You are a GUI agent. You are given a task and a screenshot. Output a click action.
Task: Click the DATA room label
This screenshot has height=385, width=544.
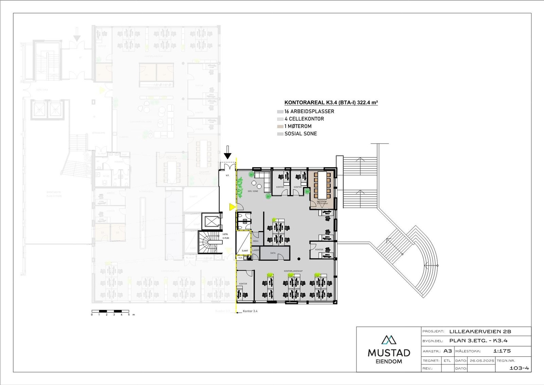tap(273, 253)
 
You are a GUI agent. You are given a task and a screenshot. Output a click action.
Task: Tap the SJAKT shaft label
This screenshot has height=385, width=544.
tap(245, 251)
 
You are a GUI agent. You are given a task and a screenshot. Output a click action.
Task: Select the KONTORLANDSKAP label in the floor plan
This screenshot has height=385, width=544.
tap(293, 271)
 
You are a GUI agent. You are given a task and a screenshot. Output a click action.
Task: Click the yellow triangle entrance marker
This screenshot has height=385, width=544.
tap(233, 207)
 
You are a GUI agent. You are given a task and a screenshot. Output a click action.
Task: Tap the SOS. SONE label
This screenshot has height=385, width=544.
tap(253, 191)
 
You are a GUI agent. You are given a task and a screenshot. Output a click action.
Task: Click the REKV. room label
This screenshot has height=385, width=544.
tap(256, 241)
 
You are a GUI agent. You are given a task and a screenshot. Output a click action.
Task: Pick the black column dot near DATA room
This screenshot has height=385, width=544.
tap(299, 258)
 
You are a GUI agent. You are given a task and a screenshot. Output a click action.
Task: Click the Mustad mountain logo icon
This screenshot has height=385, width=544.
tap(389, 340)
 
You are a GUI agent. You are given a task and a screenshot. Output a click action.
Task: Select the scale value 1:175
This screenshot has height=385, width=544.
tap(502, 351)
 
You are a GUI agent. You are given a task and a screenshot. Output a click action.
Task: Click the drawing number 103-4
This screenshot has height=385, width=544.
tap(520, 368)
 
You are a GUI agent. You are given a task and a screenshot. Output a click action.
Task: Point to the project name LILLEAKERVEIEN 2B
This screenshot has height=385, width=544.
tap(480, 332)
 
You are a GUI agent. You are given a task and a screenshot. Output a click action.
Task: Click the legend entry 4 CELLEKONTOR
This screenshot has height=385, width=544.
tap(304, 119)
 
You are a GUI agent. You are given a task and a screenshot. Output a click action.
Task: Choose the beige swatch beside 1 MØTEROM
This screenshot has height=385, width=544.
tap(280, 126)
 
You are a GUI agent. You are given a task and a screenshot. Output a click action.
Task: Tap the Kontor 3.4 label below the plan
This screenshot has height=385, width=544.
tap(250, 311)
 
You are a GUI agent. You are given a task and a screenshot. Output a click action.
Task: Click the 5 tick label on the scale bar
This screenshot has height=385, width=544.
tap(129, 315)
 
